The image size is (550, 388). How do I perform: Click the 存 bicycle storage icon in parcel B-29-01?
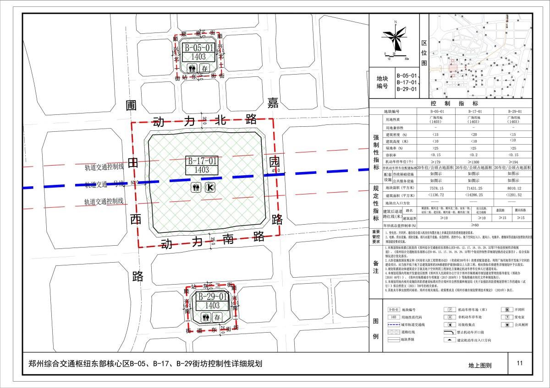pos(217,317)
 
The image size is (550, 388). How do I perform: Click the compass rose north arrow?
pos(396,38)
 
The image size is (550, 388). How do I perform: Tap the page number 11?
pos(519,364)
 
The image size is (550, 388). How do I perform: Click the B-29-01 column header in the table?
pos(514,111)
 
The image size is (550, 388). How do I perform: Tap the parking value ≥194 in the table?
pos(514,162)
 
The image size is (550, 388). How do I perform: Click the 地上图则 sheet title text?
pos(479,366)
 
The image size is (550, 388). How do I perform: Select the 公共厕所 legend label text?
pos(521,324)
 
